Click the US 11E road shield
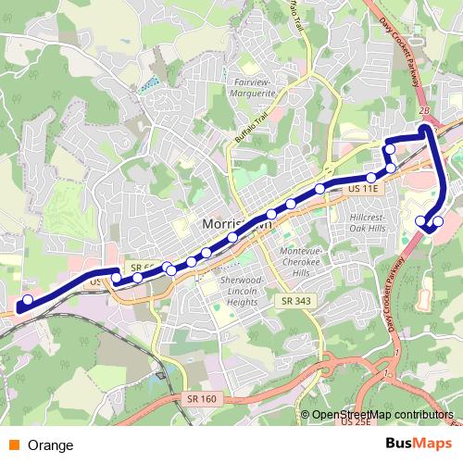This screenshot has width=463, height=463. pyautogui.click(x=365, y=188)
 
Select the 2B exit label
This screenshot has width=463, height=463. pyautogui.click(x=425, y=111)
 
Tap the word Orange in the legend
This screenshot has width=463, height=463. pyautogui.click(x=51, y=445)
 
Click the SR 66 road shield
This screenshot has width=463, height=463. pyautogui.click(x=140, y=266)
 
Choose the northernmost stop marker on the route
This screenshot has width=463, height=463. pyautogui.click(x=390, y=149)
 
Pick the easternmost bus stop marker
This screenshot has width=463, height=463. pyautogui.click(x=438, y=221)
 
